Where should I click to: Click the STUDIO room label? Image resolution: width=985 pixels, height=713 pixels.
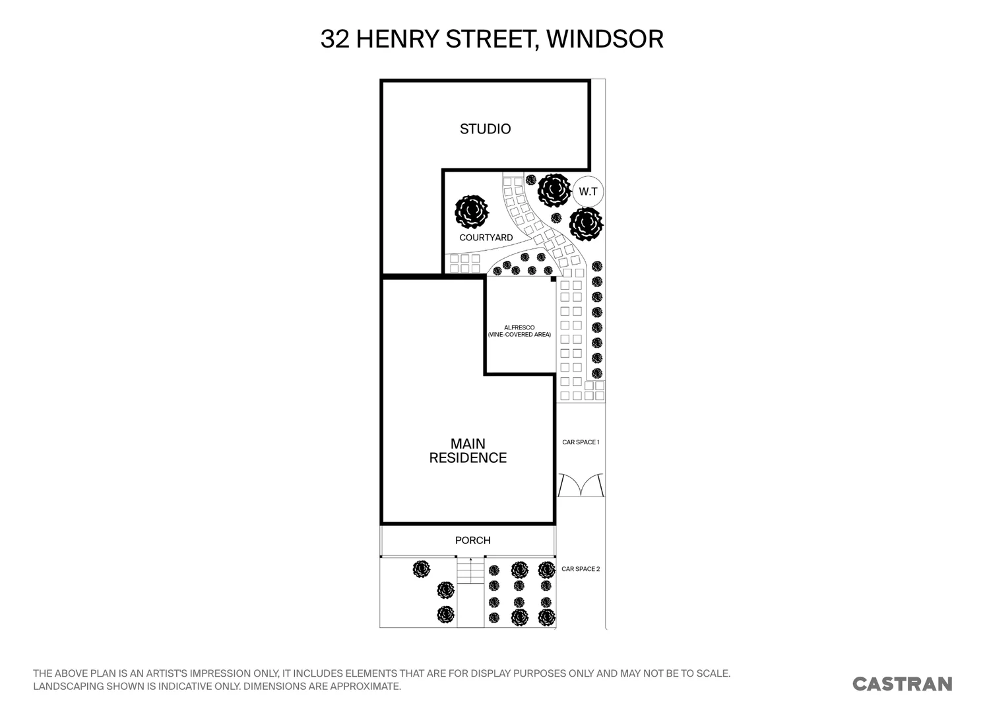[x=485, y=129]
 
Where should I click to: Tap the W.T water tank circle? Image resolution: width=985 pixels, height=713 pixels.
[x=588, y=191]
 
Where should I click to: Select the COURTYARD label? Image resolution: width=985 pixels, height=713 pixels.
[x=486, y=238]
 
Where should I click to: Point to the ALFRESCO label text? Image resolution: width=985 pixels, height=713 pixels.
[x=519, y=327]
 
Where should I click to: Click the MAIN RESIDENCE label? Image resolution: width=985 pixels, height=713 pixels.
[x=468, y=451]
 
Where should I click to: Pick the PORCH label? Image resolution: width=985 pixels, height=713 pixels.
[x=473, y=541]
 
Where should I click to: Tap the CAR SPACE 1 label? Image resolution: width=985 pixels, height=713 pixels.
[x=581, y=442]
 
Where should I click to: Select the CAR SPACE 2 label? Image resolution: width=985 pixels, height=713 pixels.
[x=581, y=568]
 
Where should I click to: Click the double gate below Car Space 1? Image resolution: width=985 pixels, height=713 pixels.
[x=581, y=485]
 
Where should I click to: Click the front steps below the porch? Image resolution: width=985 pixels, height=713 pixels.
[x=470, y=571]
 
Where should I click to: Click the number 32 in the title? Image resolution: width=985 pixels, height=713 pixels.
[x=335, y=39]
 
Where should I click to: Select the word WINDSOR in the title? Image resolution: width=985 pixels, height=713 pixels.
[x=604, y=39]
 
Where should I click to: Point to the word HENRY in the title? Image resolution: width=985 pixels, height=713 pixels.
[x=398, y=39]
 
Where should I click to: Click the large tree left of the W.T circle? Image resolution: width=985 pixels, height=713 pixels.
[x=554, y=190]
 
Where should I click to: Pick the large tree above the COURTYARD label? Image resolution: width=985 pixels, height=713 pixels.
[x=472, y=212]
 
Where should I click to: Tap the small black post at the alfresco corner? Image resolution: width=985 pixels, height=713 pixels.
[x=553, y=279]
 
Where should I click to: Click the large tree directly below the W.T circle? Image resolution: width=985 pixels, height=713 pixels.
[x=586, y=224]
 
